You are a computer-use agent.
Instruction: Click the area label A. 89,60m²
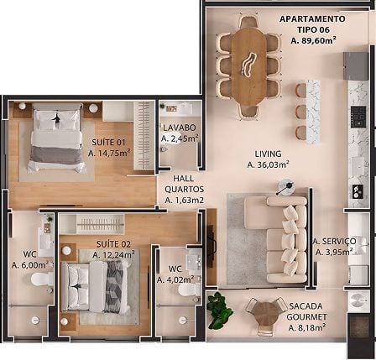313,41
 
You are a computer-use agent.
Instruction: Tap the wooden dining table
248,66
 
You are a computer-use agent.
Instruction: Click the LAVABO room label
180,128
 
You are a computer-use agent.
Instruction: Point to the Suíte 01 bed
57,138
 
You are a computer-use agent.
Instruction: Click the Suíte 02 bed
96,287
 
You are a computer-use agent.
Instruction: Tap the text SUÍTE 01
108,142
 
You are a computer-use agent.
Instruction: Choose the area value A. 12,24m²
113,255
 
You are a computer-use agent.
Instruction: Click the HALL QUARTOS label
184,184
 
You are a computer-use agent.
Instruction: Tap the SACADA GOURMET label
307,311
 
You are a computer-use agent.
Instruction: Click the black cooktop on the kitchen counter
358,117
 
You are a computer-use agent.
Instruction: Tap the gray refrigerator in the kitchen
355,66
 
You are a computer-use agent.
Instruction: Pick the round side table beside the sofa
286,186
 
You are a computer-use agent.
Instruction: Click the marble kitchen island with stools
313,112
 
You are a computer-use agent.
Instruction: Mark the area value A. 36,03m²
268,164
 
